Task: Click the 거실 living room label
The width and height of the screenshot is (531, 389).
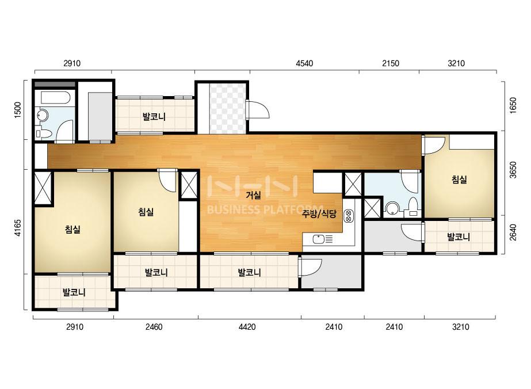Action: point(253,195)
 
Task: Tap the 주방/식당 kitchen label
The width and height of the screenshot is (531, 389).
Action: point(319,214)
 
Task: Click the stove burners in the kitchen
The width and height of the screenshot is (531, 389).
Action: point(349,216)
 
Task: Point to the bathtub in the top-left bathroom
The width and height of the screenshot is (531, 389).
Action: point(55,98)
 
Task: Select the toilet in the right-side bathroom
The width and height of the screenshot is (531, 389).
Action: point(413,207)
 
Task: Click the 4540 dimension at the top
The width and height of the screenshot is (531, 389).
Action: point(304,63)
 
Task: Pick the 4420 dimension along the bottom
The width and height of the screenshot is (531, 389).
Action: point(247,327)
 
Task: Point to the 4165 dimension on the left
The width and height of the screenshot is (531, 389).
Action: point(18,228)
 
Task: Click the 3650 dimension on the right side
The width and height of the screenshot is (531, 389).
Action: point(513,170)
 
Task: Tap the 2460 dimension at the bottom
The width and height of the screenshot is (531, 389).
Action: point(154,327)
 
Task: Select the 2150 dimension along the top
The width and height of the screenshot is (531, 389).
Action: point(391,63)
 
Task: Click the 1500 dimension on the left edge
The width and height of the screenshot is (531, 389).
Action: point(18,110)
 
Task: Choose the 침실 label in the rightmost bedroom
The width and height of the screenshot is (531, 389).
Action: point(459,180)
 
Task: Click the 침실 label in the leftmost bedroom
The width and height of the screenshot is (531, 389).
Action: point(72,230)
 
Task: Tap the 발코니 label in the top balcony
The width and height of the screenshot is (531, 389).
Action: point(154,117)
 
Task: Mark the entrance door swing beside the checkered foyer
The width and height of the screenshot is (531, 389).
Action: point(258,109)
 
